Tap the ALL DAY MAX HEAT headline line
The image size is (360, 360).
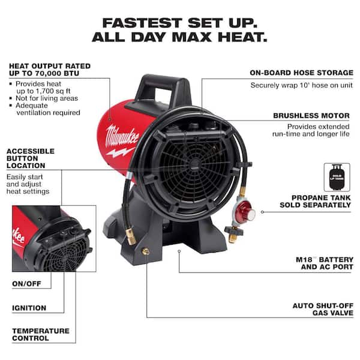[x=179, y=38]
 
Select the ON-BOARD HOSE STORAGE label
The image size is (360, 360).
[x=301, y=73]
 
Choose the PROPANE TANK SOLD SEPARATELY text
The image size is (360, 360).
[x=315, y=201]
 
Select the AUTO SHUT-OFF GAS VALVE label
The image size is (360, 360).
[x=323, y=309]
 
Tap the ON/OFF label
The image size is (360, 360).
[x=26, y=284]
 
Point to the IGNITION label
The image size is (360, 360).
[x=29, y=308]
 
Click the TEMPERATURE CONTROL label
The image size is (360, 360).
[x=40, y=334]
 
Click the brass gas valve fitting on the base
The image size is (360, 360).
[x=145, y=253]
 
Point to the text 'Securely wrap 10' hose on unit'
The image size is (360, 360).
[x=301, y=85]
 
